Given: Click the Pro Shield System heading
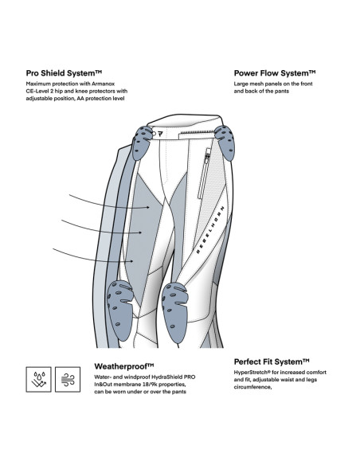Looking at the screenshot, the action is point(64,73).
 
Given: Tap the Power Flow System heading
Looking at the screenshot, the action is point(275,73).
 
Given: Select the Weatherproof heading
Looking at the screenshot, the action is point(124,366).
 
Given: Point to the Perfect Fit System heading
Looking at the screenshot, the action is point(272,361).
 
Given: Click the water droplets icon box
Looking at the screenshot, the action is point(38,379).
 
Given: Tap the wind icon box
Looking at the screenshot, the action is point(68,379).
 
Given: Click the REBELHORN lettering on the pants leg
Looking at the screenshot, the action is point(210,229).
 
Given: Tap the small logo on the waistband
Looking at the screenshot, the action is point(160,134).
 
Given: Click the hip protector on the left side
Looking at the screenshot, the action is point(143,143).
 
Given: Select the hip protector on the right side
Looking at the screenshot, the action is point(225,143).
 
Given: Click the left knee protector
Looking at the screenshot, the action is point(119,310).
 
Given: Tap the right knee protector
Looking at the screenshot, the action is point(175,312).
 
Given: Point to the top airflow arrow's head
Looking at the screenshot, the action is point(148,207).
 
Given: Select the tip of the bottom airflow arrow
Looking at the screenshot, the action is point(132,261).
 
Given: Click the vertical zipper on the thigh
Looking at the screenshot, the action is point(204,174).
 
